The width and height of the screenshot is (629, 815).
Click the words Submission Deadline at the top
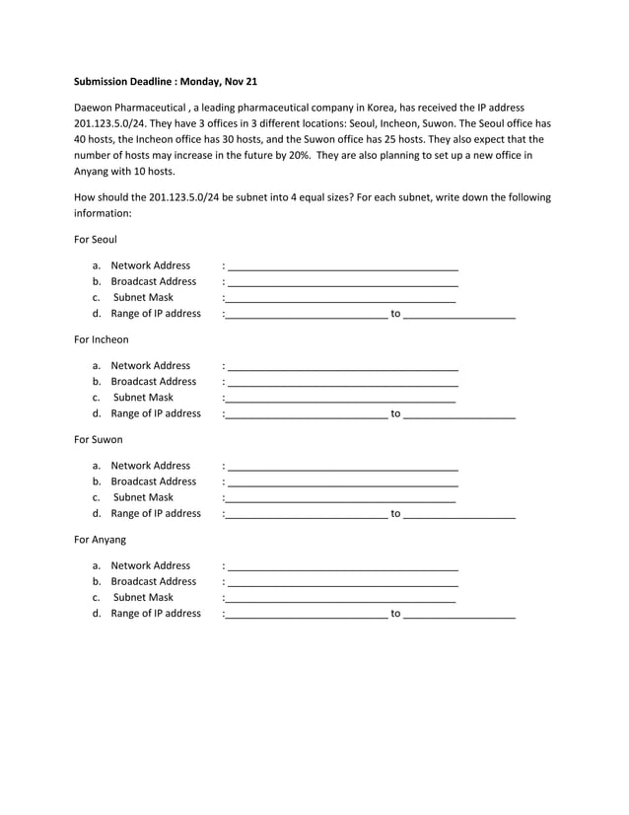pyautogui.click(x=123, y=81)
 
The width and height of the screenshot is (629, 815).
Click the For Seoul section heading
pyautogui.click(x=96, y=240)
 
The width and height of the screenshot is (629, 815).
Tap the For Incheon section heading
pyautogui.click(x=102, y=339)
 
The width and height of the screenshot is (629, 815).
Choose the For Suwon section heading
pyautogui.click(x=99, y=439)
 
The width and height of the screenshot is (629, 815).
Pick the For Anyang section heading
pyautogui.click(x=101, y=540)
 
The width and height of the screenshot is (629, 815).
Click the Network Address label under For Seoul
pyautogui.click(x=151, y=265)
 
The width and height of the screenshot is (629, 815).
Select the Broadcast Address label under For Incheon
pyautogui.click(x=154, y=381)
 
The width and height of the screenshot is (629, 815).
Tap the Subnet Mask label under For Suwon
pyautogui.click(x=143, y=497)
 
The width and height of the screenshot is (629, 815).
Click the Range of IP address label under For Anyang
pyautogui.click(x=156, y=613)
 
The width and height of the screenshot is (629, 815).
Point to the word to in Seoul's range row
pyautogui.click(x=395, y=314)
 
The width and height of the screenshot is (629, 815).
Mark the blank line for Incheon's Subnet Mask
pyautogui.click(x=341, y=401)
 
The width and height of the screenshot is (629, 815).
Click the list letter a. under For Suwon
pyautogui.click(x=97, y=466)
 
